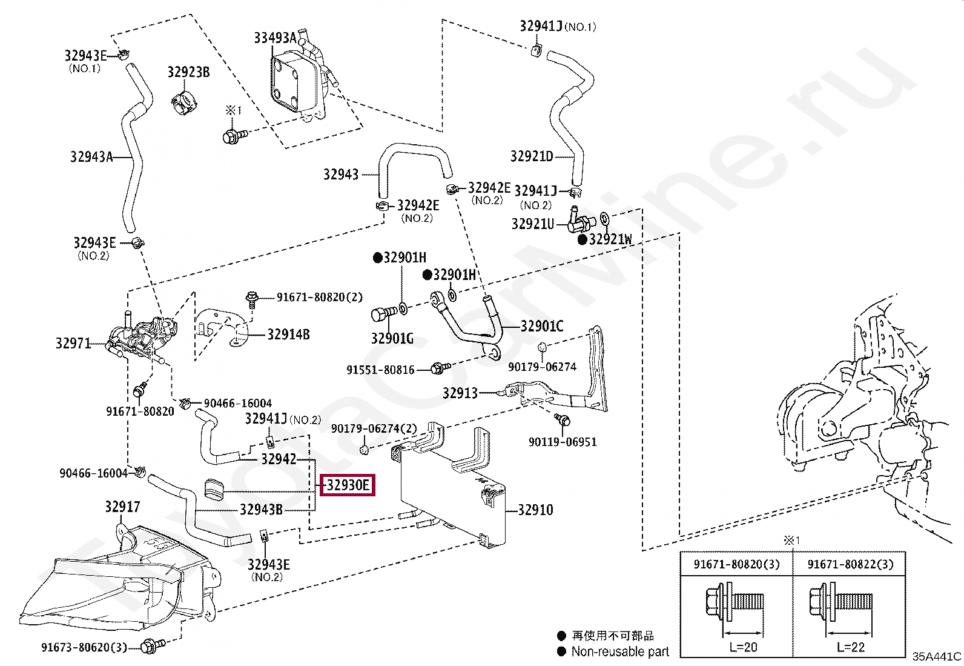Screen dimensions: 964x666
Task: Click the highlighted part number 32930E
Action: [x=348, y=485]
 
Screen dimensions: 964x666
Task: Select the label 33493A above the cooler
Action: [x=275, y=38]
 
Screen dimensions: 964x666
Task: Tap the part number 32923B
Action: [x=188, y=72]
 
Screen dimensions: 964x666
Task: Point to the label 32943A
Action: [x=91, y=157]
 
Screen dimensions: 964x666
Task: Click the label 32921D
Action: [x=532, y=156]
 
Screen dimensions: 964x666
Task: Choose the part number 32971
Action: [x=73, y=344]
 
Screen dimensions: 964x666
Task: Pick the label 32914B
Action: [x=288, y=335]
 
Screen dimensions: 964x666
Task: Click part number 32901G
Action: [x=392, y=339]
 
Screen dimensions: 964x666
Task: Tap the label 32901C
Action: [x=542, y=326]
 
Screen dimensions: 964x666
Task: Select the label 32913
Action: [x=460, y=393]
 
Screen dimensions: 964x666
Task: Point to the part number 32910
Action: [x=535, y=510]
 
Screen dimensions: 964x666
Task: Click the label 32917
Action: [x=123, y=507]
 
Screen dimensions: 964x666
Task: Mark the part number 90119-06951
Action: [x=563, y=442]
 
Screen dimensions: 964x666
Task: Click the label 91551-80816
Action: [x=380, y=370]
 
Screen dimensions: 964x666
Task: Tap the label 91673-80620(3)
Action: [x=84, y=647]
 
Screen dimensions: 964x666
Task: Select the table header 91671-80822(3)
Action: [x=850, y=564]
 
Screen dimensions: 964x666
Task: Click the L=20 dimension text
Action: [x=743, y=647]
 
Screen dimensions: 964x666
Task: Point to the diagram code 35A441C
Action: [x=937, y=656]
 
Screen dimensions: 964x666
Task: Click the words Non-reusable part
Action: [x=619, y=652]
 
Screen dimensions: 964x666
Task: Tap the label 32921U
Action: [x=533, y=224]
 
